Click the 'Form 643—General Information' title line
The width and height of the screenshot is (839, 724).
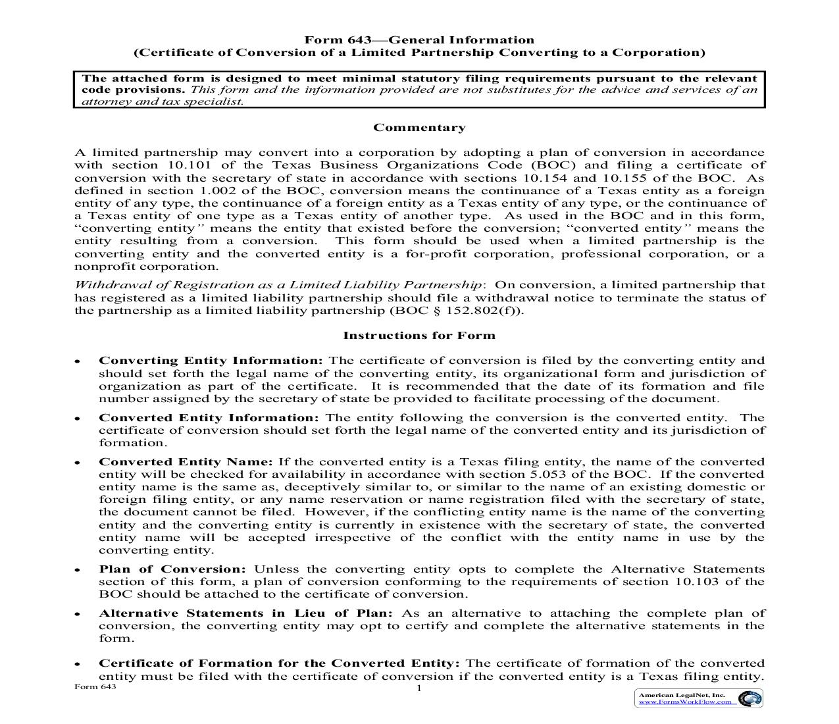click(419, 40)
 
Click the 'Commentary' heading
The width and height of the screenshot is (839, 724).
click(419, 128)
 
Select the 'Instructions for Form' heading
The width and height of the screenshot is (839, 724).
click(419, 335)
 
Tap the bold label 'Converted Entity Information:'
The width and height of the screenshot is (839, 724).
click(209, 418)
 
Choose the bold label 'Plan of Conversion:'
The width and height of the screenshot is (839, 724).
click(172, 569)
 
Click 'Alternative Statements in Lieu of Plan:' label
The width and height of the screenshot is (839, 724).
click(245, 613)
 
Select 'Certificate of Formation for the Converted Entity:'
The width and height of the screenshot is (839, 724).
click(279, 663)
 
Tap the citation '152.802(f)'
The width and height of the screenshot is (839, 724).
click(484, 311)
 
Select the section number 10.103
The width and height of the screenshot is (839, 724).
click(698, 582)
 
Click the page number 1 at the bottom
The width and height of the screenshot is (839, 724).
click(419, 688)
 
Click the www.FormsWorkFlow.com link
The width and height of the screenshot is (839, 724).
click(685, 702)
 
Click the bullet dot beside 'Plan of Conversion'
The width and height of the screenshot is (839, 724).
click(78, 570)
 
